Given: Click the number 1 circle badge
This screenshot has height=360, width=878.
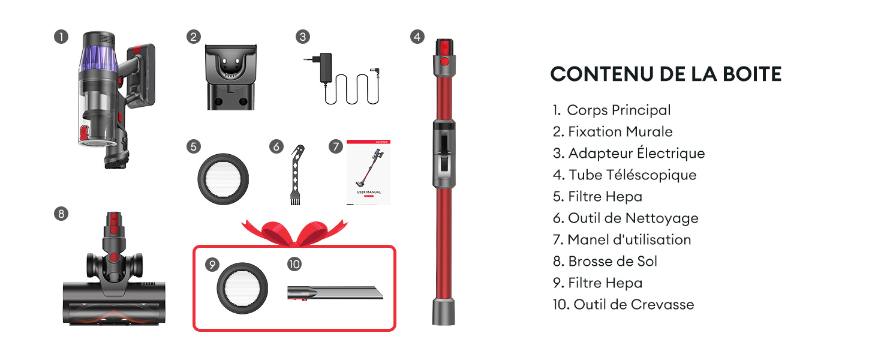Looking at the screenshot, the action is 61,37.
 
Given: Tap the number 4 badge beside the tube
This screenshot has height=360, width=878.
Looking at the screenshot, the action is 417,37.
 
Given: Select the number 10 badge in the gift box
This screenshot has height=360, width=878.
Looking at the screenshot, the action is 294,265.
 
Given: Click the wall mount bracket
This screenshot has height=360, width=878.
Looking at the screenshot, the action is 231,77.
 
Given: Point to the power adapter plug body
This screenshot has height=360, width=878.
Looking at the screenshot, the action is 326,67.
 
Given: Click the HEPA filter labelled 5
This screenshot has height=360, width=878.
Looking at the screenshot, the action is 223,179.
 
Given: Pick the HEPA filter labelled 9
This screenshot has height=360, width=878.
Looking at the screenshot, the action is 242,288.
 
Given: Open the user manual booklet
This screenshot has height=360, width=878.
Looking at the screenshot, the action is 368,172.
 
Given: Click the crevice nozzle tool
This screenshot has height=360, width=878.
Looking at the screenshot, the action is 335,293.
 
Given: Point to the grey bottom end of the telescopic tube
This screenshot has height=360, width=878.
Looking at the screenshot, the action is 444,311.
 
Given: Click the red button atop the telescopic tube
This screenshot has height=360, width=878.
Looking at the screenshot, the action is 444,62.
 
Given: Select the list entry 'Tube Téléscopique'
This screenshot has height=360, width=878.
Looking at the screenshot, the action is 624,175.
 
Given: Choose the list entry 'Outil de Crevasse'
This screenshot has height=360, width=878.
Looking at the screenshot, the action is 623,304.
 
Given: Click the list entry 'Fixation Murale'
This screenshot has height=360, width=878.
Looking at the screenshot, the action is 613,132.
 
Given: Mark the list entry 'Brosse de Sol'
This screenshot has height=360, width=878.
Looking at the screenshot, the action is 605,261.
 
